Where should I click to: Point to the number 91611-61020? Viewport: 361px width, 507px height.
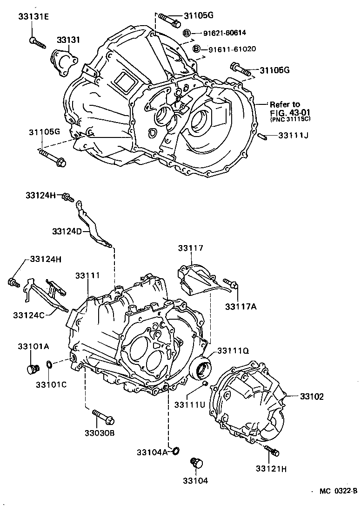[x=232, y=49]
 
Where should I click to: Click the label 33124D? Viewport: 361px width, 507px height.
[x=68, y=231]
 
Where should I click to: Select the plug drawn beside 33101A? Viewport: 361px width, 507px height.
[x=32, y=370]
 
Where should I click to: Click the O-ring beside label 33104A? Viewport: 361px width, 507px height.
[x=176, y=451]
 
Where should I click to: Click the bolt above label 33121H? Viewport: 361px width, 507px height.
[x=271, y=450]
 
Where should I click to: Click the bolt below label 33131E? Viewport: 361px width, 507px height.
[x=37, y=43]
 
